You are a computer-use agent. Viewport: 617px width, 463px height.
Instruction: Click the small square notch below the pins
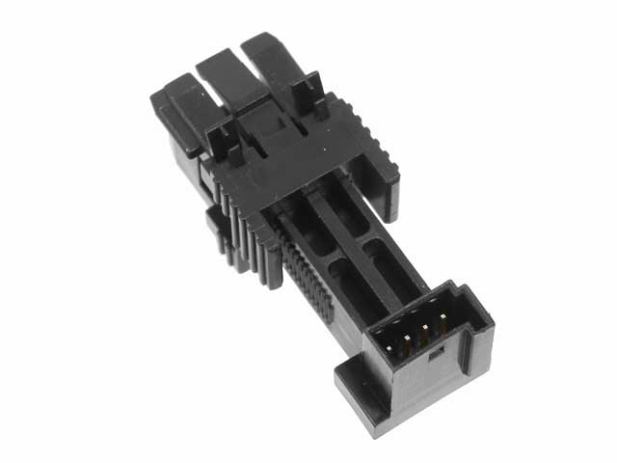coord(431,358)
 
